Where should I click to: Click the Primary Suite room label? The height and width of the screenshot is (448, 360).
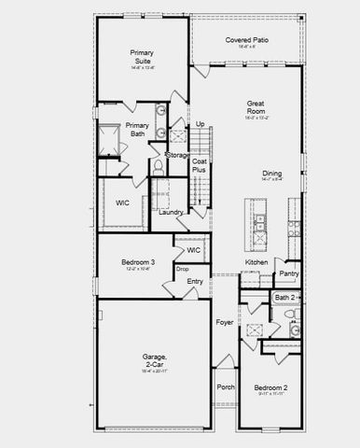click(x=143, y=59)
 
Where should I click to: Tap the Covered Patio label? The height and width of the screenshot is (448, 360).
click(x=247, y=40)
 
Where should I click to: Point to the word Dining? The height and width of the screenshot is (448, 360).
click(x=271, y=173)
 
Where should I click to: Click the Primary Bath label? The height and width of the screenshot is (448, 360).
click(x=137, y=130)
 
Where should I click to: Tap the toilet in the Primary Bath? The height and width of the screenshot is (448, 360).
click(x=159, y=165)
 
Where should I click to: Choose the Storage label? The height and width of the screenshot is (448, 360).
click(x=177, y=155)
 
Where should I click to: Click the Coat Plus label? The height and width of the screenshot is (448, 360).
click(x=199, y=166)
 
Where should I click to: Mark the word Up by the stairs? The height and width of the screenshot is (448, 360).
click(x=200, y=124)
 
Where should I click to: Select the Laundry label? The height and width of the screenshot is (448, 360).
click(x=171, y=212)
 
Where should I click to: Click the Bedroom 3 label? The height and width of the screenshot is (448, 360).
click(x=137, y=263)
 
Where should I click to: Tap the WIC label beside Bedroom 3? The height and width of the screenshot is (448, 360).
click(x=194, y=250)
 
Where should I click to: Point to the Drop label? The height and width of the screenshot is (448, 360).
click(x=182, y=269)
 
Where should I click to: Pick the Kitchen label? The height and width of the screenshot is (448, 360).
click(x=256, y=262)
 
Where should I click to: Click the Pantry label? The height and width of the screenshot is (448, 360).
click(x=289, y=273)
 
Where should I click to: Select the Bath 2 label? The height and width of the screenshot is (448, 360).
click(x=284, y=298)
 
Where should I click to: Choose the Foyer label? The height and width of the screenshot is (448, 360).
click(x=225, y=322)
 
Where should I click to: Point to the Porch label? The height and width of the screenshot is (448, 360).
click(x=225, y=387)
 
